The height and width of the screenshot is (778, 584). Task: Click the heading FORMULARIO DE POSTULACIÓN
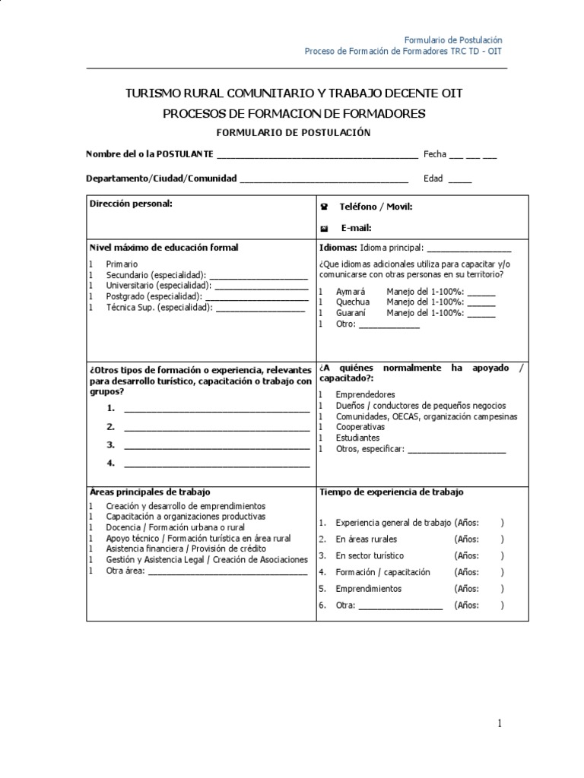(293, 132)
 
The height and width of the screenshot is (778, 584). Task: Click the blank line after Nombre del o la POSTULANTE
(317, 156)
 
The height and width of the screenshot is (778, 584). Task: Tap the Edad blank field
(459, 180)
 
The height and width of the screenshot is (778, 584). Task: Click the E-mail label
(355, 228)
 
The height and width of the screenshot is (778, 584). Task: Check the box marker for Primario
(90, 264)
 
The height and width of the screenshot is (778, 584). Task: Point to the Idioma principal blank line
(469, 251)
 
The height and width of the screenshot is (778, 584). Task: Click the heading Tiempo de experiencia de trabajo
(391, 492)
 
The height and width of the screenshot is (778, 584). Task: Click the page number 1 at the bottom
(500, 724)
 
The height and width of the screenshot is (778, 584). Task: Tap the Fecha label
(435, 154)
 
